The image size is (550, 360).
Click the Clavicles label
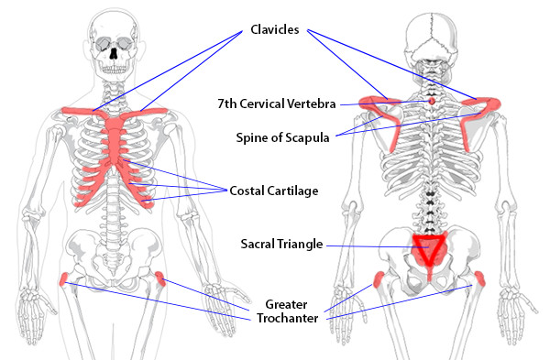[275, 29]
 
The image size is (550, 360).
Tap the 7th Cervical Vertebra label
[277, 104]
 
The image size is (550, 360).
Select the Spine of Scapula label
[282, 137]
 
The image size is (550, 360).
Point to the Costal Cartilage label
[274, 191]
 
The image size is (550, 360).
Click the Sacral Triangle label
[281, 244]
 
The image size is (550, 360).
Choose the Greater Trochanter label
[287, 311]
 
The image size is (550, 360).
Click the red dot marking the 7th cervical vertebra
[432, 102]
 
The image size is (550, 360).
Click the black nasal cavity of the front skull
[114, 53]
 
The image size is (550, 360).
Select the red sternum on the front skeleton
[115, 140]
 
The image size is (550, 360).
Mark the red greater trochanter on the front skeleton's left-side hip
[63, 279]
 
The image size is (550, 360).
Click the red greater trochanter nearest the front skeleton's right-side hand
[159, 278]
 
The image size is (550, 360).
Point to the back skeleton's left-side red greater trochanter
[379, 279]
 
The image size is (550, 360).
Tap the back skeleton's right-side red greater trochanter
[479, 278]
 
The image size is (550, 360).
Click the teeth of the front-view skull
[113, 71]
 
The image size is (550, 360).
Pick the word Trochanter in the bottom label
[287, 318]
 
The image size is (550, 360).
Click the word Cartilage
[292, 191]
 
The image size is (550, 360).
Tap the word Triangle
[300, 244]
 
